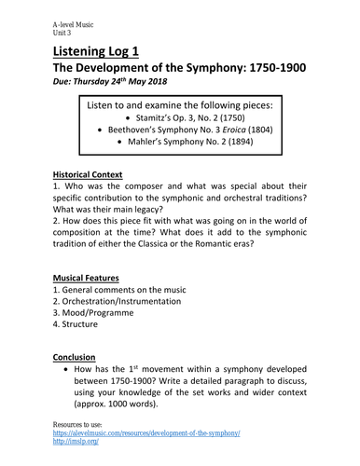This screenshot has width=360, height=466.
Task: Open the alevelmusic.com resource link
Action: point(146,433)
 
